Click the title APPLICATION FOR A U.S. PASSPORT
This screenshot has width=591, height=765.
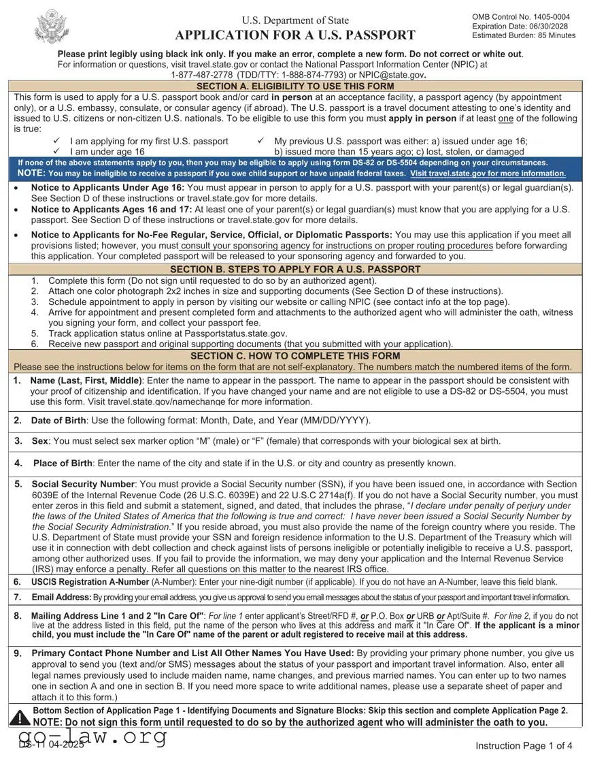[x=295, y=35]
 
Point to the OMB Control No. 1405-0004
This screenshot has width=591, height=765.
[x=520, y=16]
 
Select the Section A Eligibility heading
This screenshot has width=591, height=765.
[x=295, y=86]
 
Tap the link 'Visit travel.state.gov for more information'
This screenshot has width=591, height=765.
[x=488, y=174]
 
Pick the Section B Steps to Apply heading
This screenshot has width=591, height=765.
[x=295, y=269]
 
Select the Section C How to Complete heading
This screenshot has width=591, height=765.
[x=295, y=356]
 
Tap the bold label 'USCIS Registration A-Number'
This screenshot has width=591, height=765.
[x=90, y=582]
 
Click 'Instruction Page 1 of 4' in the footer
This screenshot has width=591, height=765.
[x=524, y=745]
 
